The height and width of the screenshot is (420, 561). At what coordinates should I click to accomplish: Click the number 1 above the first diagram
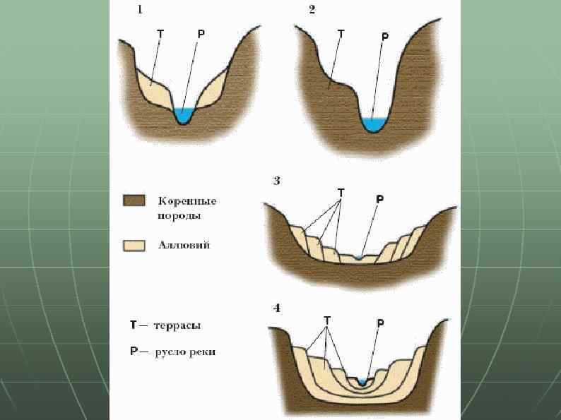point(140,10)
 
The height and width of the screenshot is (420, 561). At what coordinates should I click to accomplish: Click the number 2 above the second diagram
point(312,10)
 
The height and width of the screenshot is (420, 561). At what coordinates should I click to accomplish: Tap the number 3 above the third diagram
point(277,181)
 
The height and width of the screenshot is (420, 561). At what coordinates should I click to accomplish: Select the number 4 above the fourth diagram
point(277,308)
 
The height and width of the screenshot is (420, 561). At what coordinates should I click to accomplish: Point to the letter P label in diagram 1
point(201,33)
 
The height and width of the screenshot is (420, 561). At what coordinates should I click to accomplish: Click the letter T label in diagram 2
point(342,33)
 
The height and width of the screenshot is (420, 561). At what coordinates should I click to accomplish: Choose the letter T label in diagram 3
point(341,192)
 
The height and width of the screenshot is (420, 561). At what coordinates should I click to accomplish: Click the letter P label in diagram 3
point(380,199)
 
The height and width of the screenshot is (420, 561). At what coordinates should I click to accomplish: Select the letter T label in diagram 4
point(327,320)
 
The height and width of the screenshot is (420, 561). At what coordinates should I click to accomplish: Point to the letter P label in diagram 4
point(381,323)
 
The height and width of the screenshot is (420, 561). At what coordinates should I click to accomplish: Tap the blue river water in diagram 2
point(373,124)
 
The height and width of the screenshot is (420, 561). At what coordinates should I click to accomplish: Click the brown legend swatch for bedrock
point(134,201)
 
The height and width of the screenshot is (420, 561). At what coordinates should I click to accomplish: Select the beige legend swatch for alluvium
point(134,246)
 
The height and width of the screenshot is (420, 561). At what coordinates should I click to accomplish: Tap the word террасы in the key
point(178,326)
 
